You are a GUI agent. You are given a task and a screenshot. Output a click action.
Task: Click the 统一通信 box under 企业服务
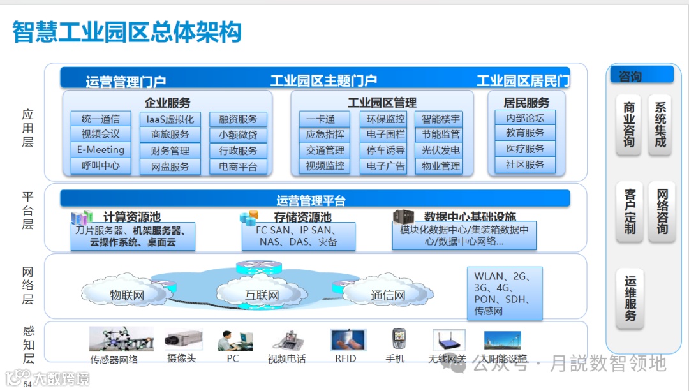(100, 119)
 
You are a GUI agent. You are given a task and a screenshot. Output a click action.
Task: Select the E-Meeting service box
(100, 150)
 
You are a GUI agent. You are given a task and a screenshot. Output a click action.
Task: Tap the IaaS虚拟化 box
(170, 119)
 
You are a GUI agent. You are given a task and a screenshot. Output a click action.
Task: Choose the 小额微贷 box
(238, 135)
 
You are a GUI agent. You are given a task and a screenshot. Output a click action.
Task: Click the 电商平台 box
(238, 166)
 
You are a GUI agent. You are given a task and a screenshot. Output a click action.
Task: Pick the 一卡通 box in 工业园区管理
(325, 119)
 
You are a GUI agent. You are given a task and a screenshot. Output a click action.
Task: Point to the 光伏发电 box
(441, 151)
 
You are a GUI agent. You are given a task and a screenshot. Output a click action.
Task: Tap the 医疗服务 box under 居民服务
(525, 149)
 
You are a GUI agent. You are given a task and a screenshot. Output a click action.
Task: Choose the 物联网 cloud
(127, 295)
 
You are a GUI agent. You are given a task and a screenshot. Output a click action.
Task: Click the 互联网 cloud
(262, 295)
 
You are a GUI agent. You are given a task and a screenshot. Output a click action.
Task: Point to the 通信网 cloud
(388, 295)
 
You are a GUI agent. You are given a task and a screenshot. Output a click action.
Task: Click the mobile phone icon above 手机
(398, 339)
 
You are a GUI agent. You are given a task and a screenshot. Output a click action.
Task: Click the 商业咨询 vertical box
(629, 125)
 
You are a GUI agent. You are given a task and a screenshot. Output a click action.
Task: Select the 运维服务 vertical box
(630, 299)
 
